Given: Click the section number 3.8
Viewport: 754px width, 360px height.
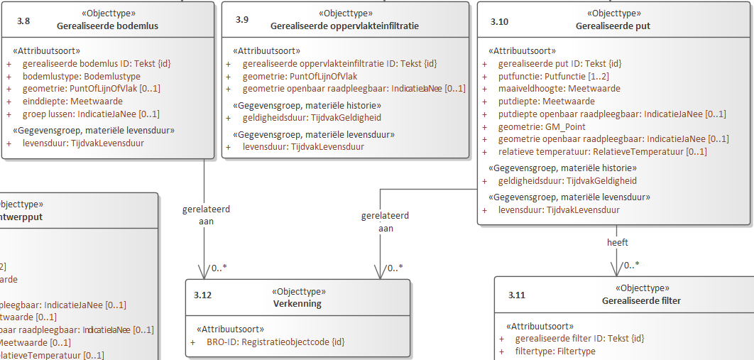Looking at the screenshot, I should coord(23,21).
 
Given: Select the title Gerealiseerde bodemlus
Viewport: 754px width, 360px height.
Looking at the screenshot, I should coord(107,26).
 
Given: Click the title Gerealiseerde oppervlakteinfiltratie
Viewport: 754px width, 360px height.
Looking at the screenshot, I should coord(344,26).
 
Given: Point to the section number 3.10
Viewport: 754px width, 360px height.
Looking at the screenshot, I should coord(499,22).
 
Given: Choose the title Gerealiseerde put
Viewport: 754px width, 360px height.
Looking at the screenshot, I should coord(613,26).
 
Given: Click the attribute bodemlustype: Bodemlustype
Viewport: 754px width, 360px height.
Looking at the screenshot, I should coord(82,76).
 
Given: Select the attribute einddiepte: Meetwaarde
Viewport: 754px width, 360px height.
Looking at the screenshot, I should coord(72,102).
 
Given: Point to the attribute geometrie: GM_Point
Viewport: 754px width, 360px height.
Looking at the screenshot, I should coord(535,126).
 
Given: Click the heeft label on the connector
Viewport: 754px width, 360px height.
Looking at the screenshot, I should coord(617,242).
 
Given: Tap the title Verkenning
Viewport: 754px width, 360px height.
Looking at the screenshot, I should coord(297,303).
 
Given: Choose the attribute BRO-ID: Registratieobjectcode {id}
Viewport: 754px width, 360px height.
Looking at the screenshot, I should coord(275,342).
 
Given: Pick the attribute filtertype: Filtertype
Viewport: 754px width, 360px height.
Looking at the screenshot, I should coord(555,351).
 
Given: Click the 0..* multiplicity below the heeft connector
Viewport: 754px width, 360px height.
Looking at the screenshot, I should coord(631,266).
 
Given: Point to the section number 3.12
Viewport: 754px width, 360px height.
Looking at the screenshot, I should coord(203,295).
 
